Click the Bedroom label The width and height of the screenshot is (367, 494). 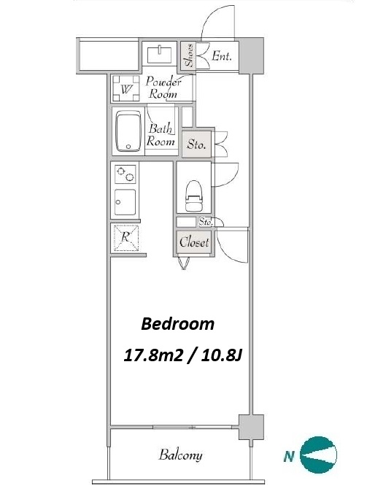coord(178,324)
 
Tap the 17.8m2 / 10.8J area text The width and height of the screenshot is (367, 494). coord(182,355)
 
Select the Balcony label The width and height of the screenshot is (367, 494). coord(180,455)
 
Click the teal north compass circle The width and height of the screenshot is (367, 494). coord(318,455)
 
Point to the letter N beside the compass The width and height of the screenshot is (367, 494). coord(288,456)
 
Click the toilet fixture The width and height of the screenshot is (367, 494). coord(193,196)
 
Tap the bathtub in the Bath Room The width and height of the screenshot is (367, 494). coord(128,131)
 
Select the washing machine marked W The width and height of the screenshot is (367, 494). coord(125,88)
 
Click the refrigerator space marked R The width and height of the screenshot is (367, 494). coord(126,238)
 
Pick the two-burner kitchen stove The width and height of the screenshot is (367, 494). coord(125,174)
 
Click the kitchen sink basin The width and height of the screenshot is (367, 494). coord(125,202)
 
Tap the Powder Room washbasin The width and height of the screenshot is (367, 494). coord(160,54)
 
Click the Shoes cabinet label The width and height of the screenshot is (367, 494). coord(188,55)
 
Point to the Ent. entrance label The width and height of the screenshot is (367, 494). coord(222,56)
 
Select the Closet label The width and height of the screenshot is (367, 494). coord(194,242)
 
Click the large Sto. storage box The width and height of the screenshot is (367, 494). coord(196,144)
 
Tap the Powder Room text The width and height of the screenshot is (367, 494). coord(163,88)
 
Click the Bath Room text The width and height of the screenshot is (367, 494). coord(161,135)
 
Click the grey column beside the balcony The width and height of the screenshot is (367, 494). coord(251,427)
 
